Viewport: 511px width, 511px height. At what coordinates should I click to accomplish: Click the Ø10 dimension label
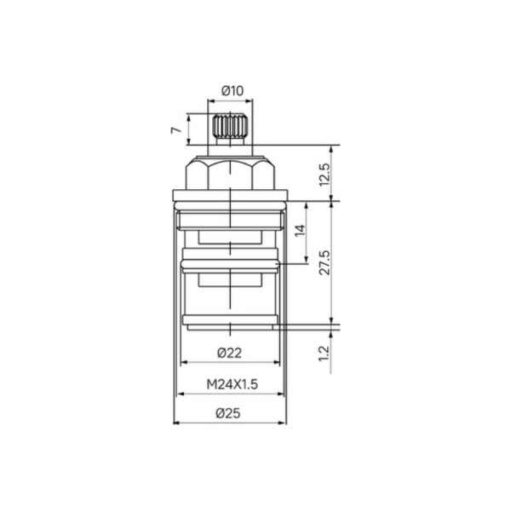tap(232, 90)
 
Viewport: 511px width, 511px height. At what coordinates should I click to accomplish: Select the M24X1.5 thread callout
tap(232, 384)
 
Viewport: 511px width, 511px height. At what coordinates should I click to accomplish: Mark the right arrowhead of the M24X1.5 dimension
tap(285, 394)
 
